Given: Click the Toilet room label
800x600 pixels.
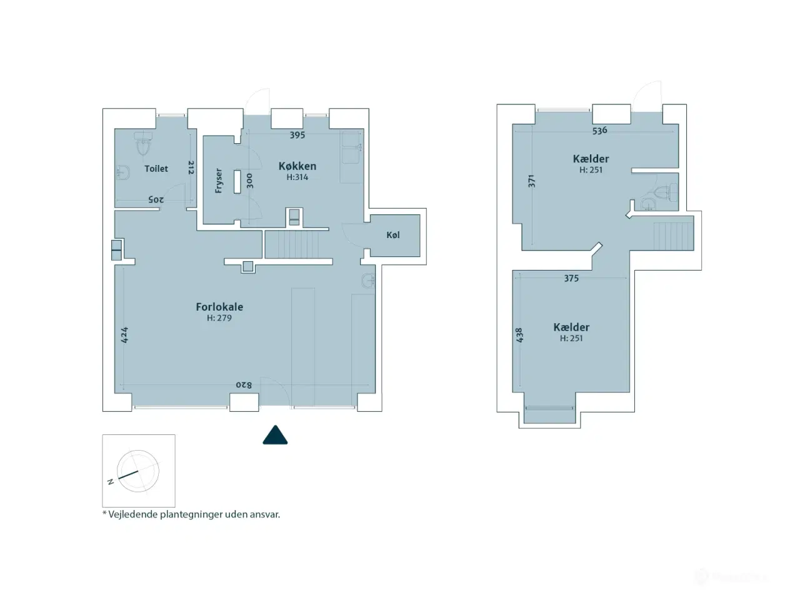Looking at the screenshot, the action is [x=156, y=169].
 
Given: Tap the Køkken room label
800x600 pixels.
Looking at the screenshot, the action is [x=297, y=166].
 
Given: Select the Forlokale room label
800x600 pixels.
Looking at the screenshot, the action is [x=219, y=307].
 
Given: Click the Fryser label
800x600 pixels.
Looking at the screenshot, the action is [x=218, y=181].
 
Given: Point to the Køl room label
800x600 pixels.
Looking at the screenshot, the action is [x=393, y=235].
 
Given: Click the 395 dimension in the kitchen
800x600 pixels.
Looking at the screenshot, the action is [x=297, y=135].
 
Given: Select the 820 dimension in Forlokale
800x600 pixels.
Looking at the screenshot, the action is [x=244, y=385].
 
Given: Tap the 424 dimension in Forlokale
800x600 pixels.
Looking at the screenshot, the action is [x=124, y=335].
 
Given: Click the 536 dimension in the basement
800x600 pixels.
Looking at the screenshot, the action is [x=599, y=130].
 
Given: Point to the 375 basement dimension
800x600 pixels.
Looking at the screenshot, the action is [x=571, y=278].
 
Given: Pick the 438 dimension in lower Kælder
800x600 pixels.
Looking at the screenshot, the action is [x=519, y=335].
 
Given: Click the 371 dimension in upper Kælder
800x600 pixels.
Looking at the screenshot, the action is [x=532, y=181].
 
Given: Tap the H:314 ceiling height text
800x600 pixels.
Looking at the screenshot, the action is [x=297, y=177].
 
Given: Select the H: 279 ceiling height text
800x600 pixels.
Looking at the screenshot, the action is [x=219, y=318].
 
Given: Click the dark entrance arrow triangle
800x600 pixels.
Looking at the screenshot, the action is [x=275, y=435].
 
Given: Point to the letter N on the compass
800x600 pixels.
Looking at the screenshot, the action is [x=111, y=482].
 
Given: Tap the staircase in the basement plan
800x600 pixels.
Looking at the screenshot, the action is [x=673, y=236].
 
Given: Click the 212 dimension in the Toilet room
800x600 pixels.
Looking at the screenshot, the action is [x=191, y=167].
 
